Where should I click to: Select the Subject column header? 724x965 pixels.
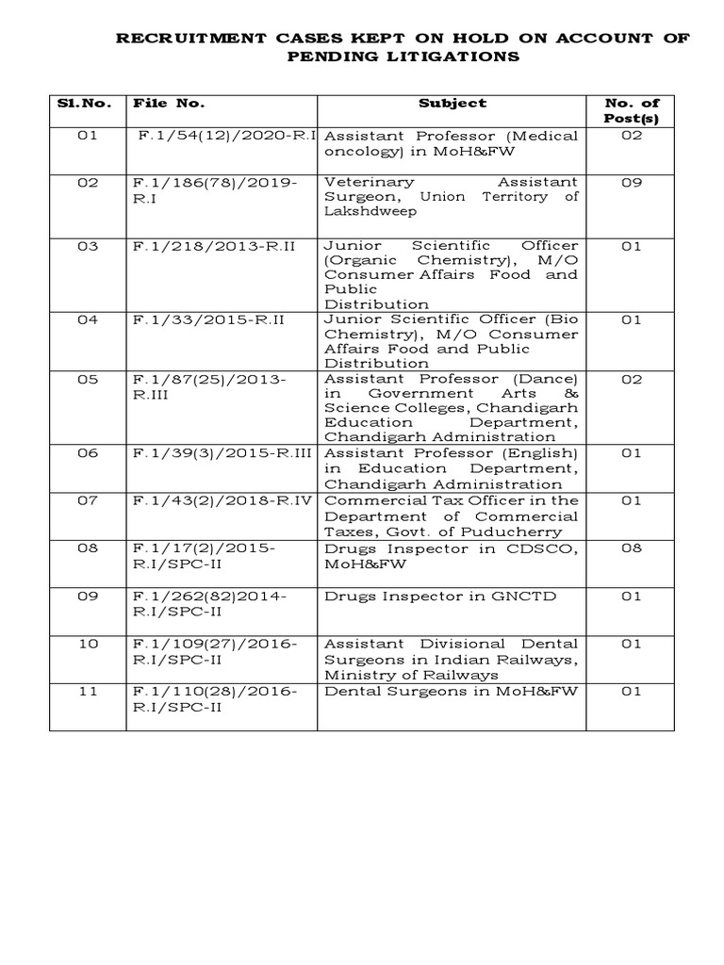452,103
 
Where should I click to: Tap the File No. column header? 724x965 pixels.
169,103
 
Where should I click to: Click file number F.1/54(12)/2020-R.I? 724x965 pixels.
225,136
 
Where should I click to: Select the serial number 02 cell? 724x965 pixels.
88,182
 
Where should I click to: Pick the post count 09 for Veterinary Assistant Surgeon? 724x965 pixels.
631,182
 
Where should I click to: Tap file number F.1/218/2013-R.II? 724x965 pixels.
215,244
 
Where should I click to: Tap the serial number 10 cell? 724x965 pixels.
88,644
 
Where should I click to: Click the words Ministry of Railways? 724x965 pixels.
412,675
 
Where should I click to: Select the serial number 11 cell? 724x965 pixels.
88,691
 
